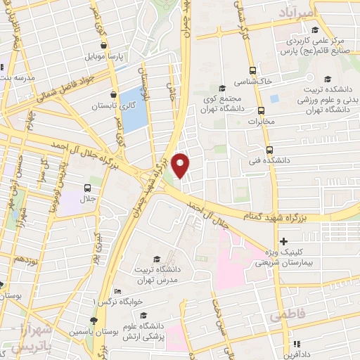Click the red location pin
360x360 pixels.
click(x=181, y=165)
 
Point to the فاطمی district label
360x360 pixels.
click(x=287, y=318)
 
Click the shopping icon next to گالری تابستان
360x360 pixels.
click(x=113, y=94)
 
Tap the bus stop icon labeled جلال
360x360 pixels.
click(x=88, y=188)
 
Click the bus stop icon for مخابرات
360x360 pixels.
click(x=261, y=110)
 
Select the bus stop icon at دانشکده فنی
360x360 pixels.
click(x=270, y=150)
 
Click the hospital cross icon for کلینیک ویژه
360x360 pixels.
click(x=283, y=241)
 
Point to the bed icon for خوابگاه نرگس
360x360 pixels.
click(x=117, y=292)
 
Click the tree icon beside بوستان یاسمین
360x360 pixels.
click(x=95, y=320)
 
